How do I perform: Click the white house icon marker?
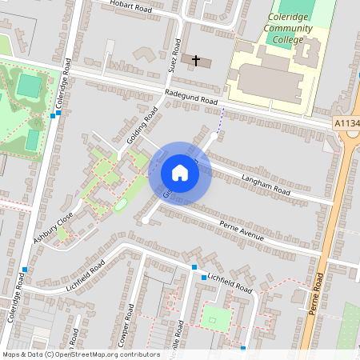[x=180, y=173]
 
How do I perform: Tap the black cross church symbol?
[x=196, y=60]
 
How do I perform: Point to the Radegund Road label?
[x=191, y=98]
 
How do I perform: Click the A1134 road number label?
[x=346, y=123]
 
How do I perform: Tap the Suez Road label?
[x=174, y=55]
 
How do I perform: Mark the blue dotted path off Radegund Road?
[x=222, y=120]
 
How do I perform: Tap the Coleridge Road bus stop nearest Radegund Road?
[x=54, y=115]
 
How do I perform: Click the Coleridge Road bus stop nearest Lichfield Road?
[x=26, y=269]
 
